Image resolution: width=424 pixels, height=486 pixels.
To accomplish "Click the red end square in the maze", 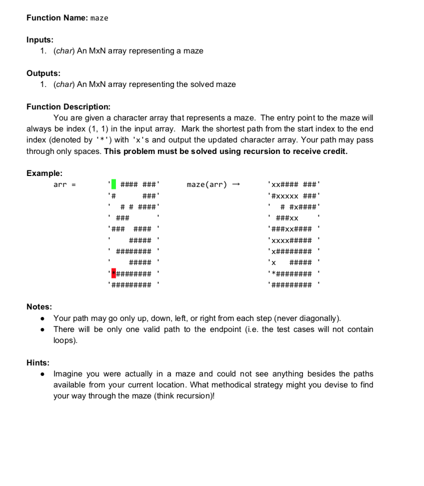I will tap(113, 273).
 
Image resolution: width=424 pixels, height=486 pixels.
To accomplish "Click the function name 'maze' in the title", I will tap(99, 18).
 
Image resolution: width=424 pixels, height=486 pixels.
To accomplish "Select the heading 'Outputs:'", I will tap(43, 73).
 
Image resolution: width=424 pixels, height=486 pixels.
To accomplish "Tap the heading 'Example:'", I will tap(44, 173).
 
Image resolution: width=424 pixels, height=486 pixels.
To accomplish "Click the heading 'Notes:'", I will tap(38, 305).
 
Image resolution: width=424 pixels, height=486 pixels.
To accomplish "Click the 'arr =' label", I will tap(64, 185).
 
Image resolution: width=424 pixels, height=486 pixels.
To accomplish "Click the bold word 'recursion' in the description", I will tap(273, 151).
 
